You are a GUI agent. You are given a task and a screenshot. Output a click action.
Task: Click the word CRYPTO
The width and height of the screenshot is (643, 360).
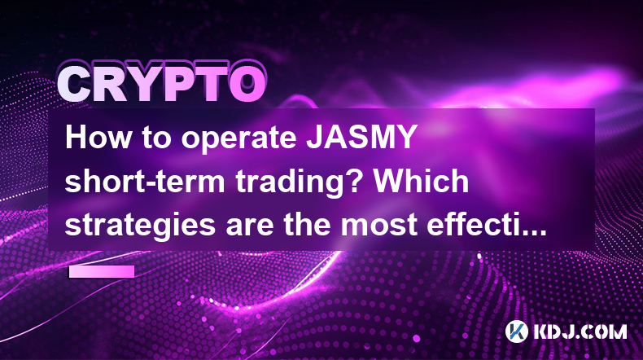coord(162,83)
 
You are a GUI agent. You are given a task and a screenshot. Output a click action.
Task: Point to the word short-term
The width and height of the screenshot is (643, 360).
coord(144,181)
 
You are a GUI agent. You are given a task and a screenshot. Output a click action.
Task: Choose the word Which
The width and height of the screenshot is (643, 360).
coord(427,181)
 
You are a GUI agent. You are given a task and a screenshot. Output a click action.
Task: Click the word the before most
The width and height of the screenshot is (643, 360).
coord(307,225)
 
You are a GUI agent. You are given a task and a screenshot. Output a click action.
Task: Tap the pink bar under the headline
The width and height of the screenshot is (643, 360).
coord(102,271)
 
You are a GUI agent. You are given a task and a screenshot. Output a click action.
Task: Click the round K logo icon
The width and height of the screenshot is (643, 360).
coord(517,331)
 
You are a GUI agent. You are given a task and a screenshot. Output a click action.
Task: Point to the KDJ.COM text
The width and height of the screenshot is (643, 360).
coord(580,331)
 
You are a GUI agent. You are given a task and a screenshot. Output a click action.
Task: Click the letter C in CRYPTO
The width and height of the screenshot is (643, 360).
coord(75,85)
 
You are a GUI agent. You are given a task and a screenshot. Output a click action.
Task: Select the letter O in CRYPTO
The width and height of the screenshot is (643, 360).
coord(247,85)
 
